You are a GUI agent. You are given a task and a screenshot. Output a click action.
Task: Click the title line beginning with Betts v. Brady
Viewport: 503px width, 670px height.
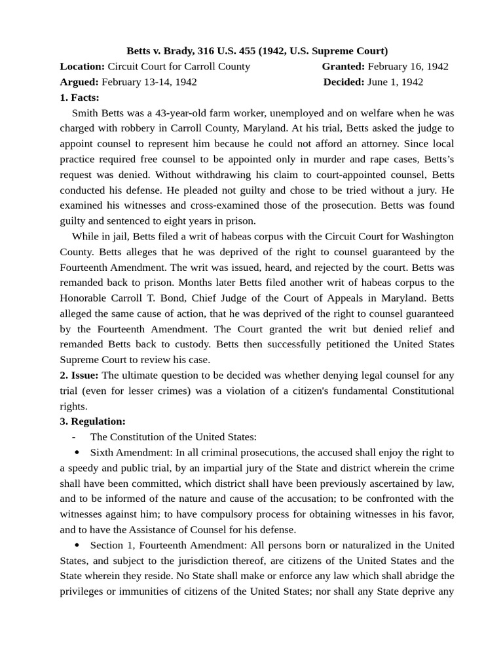click(257, 50)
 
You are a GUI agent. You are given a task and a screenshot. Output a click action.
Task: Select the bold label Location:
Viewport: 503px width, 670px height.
click(82, 66)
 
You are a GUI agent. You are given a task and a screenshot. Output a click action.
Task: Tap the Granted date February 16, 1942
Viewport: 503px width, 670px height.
click(408, 66)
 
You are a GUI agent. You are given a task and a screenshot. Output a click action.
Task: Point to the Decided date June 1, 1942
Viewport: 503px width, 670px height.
click(395, 82)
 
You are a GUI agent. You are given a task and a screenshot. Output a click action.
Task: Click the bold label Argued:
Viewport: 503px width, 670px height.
click(79, 82)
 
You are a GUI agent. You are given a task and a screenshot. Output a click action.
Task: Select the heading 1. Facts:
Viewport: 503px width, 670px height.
click(79, 97)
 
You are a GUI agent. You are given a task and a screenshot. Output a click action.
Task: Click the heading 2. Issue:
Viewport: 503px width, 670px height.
click(79, 375)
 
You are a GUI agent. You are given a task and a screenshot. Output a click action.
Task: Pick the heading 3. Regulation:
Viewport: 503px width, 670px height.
click(92, 421)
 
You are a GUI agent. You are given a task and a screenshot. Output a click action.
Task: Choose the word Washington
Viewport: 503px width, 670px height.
click(421, 236)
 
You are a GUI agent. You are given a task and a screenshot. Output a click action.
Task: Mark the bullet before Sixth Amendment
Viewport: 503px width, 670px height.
click(77, 452)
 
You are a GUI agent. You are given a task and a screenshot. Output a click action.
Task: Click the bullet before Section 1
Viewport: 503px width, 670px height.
click(77, 545)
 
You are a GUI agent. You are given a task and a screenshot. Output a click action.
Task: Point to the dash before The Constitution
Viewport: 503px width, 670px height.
click(74, 437)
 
